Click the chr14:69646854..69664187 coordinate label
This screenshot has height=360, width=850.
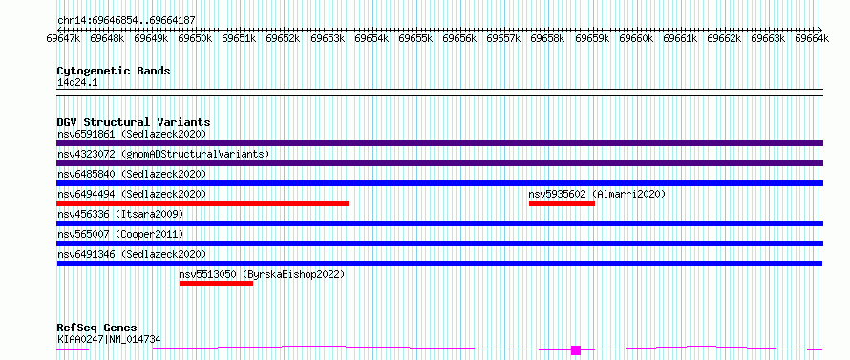126,21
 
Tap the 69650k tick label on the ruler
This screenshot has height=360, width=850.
195,38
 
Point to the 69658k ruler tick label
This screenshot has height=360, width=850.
548,38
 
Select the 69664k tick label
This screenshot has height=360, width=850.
812,38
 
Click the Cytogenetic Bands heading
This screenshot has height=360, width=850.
114,71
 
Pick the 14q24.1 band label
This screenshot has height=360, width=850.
77,83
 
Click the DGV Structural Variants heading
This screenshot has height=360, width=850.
134,122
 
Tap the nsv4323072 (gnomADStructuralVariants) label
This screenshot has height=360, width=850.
163,154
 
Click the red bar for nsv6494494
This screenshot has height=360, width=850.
202,203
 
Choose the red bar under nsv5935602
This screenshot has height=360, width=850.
562,203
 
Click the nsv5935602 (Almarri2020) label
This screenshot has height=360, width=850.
597,194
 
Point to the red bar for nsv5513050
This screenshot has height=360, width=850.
216,284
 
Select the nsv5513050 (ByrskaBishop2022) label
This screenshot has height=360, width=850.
262,274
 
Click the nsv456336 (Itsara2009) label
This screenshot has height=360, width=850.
120,214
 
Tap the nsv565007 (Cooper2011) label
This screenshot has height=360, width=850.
120,234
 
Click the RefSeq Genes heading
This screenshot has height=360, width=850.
96,328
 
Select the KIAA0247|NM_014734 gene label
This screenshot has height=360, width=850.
109,340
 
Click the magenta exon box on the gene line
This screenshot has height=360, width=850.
576,350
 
